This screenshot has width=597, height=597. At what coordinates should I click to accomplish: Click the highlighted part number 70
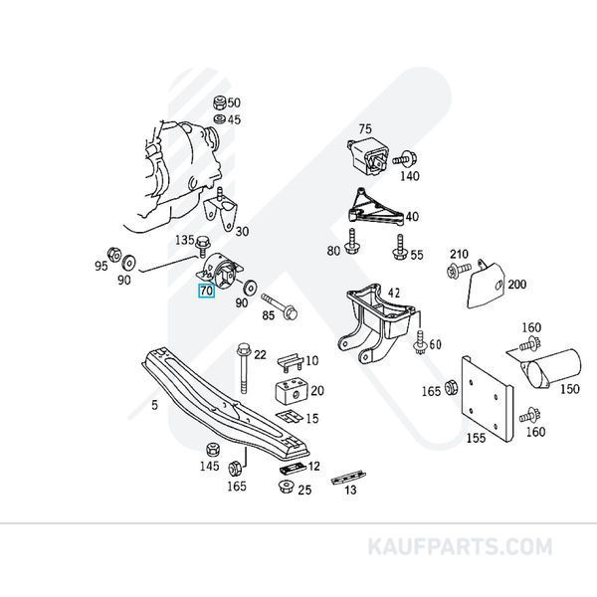point(206,291)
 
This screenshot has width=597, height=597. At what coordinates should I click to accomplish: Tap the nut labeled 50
point(220,102)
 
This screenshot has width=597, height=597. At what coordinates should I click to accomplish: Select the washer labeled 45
point(220,119)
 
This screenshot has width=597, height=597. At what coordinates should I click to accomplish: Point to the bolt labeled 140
point(405,158)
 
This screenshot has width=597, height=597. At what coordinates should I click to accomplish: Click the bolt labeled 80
point(351,241)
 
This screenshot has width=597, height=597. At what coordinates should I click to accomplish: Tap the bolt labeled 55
point(400,247)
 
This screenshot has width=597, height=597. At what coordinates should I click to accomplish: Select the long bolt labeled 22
point(244,368)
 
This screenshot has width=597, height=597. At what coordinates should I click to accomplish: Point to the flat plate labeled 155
point(487,399)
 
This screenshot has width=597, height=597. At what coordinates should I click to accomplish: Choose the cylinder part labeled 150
point(551,369)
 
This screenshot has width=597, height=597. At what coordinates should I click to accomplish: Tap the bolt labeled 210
point(459,270)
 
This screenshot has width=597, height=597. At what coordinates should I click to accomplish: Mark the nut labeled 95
point(113,255)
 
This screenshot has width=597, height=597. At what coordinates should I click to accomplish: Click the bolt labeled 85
point(279,305)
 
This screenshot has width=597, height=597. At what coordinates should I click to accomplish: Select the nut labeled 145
point(213,450)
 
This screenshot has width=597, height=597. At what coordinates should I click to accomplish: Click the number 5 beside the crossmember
point(154,405)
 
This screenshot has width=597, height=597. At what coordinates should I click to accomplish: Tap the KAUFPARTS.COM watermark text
point(460,546)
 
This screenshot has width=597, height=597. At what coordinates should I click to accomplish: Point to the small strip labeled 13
point(348,477)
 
